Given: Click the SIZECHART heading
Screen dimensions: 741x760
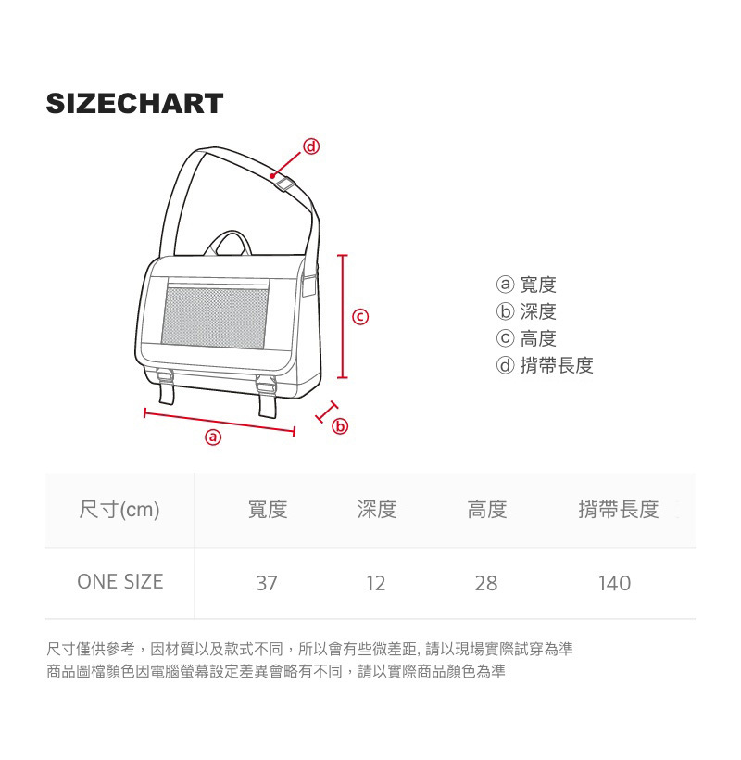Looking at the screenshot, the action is tap(135, 103).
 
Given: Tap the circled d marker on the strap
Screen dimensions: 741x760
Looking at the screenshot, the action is tap(311, 146).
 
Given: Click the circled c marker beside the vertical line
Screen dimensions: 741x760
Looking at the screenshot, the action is tap(361, 317).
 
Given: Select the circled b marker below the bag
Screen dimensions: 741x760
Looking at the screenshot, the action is tap(340, 426).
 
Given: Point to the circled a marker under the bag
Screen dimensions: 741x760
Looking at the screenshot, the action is tap(213, 437).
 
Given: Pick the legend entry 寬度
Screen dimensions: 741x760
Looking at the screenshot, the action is tap(527, 285).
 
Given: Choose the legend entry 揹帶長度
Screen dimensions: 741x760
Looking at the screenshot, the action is tap(546, 365).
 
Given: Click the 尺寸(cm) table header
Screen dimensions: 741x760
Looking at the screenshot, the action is tap(119, 509).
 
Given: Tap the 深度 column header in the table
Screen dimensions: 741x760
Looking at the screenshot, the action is tap(377, 509).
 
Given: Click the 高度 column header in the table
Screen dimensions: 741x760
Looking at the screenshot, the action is tap(486, 509).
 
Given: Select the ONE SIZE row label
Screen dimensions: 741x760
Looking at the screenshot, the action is tap(119, 582).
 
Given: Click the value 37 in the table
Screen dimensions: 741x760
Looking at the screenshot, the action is tap(267, 584).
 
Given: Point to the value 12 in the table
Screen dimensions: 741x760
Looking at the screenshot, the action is tap(376, 584).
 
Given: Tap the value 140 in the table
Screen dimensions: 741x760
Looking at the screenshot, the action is tap(614, 584).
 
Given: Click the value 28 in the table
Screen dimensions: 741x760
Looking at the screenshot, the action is tap(486, 584).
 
